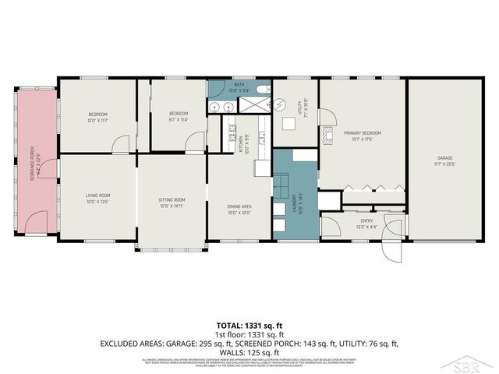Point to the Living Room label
point(98,198)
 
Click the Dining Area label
point(239,209)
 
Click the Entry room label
point(366,224)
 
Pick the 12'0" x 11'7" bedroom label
point(97,117)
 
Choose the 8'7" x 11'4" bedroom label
point(179,117)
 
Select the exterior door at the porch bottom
point(36,224)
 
